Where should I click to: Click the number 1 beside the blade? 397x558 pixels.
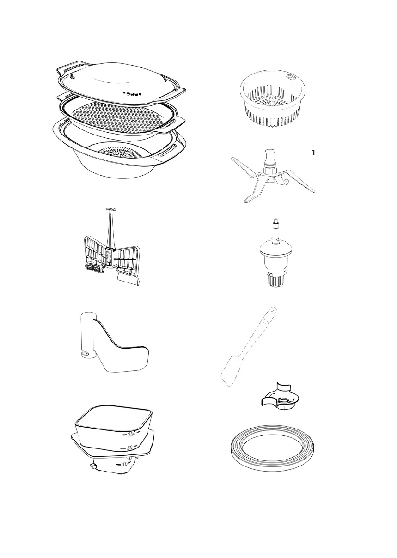pyautogui.click(x=314, y=152)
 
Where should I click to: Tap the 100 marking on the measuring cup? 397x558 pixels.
pyautogui.click(x=132, y=434)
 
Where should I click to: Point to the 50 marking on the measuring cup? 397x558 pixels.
pyautogui.click(x=130, y=448)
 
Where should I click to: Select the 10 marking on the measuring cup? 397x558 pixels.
pyautogui.click(x=125, y=463)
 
